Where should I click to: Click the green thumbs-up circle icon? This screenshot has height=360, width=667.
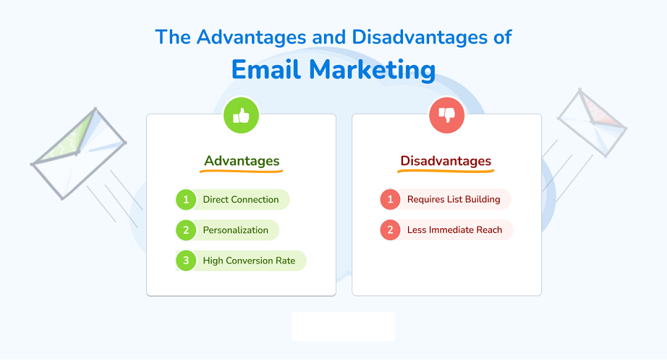pyautogui.click(x=241, y=115)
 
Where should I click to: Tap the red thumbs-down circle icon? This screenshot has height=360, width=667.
pyautogui.click(x=447, y=115)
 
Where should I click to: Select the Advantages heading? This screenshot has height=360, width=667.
pyautogui.click(x=241, y=161)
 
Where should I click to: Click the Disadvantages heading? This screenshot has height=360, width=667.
pyautogui.click(x=446, y=161)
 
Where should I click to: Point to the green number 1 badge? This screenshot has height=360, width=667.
pyautogui.click(x=186, y=200)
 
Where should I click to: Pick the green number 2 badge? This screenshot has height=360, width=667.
pyautogui.click(x=186, y=230)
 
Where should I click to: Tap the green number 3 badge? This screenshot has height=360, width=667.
pyautogui.click(x=186, y=261)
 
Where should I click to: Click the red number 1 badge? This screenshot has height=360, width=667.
pyautogui.click(x=390, y=199)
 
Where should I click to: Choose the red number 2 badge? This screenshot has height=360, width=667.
pyautogui.click(x=390, y=230)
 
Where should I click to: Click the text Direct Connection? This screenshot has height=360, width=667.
pyautogui.click(x=241, y=200)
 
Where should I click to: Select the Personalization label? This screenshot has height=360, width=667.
pyautogui.click(x=236, y=230)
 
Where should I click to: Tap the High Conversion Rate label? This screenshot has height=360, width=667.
pyautogui.click(x=249, y=261)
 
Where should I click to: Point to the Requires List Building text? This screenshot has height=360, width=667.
pyautogui.click(x=453, y=199)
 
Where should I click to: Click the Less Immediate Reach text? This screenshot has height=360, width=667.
pyautogui.click(x=455, y=230)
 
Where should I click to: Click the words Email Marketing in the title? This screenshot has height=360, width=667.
pyautogui.click(x=333, y=69)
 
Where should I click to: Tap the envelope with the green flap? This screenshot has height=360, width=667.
pyautogui.click(x=78, y=153)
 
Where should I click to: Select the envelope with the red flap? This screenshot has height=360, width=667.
pyautogui.click(x=592, y=123)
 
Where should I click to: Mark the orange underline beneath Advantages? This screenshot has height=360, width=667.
pyautogui.click(x=241, y=171)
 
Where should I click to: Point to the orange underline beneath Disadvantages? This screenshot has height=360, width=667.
pyautogui.click(x=446, y=171)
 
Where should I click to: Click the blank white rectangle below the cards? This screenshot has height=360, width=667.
pyautogui.click(x=343, y=326)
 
